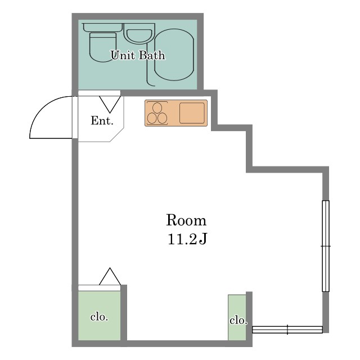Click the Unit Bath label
click(138, 55)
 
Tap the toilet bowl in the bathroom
click(102, 47)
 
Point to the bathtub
click(174, 55)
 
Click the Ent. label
click(102, 120)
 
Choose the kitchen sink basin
click(192, 113)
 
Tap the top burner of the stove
click(157, 107)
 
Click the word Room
click(186, 220)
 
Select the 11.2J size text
click(187, 238)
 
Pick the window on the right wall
click(326, 246)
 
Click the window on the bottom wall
click(287, 330)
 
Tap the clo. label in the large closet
click(99, 317)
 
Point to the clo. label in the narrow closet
click(238, 320)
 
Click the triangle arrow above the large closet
click(110, 276)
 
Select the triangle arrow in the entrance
click(110, 105)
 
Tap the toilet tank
click(102, 28)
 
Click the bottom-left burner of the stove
click(152, 119)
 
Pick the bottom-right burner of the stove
click(162, 119)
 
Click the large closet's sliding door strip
click(99, 288)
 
